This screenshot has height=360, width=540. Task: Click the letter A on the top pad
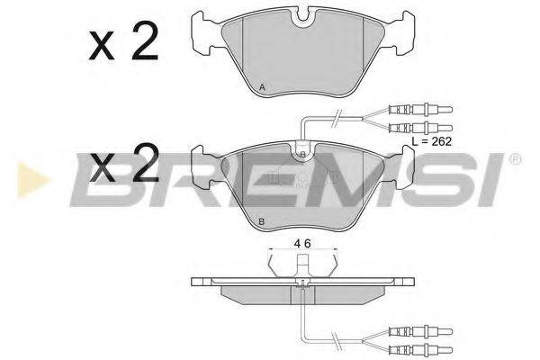pos(262,87)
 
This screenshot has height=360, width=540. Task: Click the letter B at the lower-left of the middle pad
pos(261,222)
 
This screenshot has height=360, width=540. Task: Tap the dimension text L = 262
pos(431,141)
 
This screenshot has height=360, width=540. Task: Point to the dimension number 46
pos(302,244)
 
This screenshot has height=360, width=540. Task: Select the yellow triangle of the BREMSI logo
pos(32,180)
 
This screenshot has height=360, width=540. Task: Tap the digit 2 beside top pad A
pos(145,41)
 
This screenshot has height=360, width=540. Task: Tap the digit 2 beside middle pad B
pos(145,162)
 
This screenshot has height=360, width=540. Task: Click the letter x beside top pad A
pos(101,46)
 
